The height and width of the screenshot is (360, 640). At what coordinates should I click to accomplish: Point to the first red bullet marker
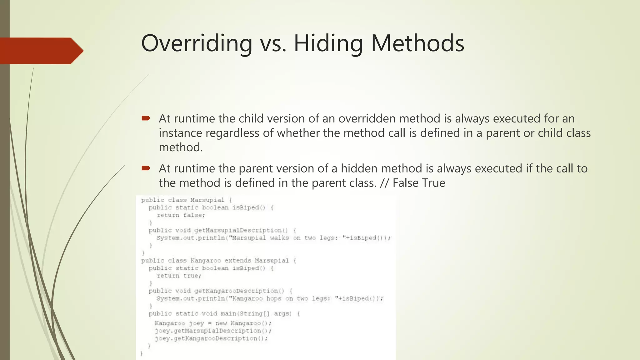coord(146,118)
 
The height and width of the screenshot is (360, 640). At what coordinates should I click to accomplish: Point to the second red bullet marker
coord(146,168)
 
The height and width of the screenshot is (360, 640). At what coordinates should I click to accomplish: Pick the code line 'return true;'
coord(179,276)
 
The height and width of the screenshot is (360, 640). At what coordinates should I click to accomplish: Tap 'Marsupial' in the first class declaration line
coord(207,200)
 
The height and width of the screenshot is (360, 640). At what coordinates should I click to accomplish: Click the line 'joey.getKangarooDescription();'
coord(211,338)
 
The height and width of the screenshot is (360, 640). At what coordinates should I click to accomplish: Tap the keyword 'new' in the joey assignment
coord(221,323)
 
